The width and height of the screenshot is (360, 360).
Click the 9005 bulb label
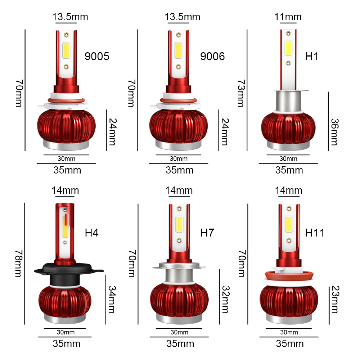tap(97, 57)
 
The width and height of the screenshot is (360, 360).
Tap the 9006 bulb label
tap(212, 57)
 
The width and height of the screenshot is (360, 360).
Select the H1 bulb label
tap(311, 57)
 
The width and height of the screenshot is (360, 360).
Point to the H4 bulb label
tap(91, 233)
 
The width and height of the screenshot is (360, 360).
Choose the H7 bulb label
tap(207, 233)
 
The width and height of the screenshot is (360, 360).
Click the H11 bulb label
tap(315, 233)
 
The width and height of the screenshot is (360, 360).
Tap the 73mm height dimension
tap(242, 93)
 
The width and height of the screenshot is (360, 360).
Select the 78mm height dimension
tap(19, 264)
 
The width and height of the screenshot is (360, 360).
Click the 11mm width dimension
tap(288, 17)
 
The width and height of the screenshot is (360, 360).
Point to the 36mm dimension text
tap(335, 132)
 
